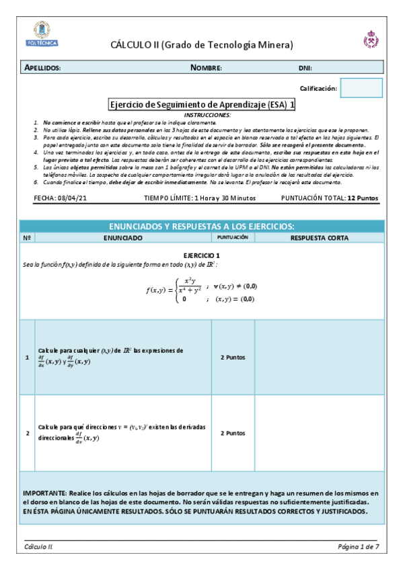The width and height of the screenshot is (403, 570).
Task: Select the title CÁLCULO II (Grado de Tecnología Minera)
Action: (x=202, y=45)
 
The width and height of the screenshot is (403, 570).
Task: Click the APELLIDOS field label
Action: (x=43, y=68)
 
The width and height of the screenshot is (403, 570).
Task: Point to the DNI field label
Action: (x=305, y=69)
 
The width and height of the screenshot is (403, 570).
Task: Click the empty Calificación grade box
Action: (x=361, y=88)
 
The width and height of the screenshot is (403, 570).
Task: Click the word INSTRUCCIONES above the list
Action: (x=202, y=115)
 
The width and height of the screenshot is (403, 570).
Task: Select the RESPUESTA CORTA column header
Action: (x=320, y=238)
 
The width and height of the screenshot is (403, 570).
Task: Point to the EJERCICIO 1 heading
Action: (x=202, y=256)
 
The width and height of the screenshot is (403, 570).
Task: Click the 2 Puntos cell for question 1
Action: (x=232, y=357)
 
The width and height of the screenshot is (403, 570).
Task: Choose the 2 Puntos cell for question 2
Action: (x=232, y=434)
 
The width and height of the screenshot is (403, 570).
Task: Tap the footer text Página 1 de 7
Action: (x=359, y=546)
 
